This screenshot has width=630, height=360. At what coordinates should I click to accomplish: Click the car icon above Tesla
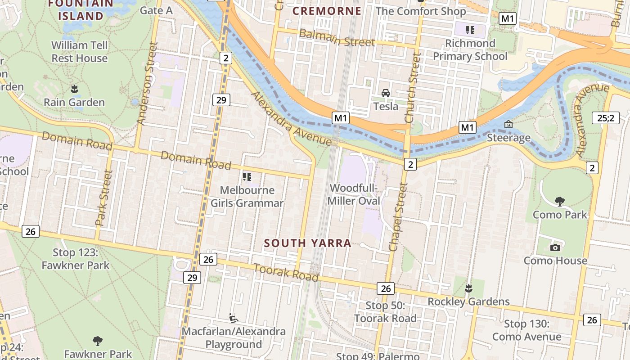pos(386,93)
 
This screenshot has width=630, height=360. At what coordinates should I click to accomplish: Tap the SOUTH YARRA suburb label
pos(307,243)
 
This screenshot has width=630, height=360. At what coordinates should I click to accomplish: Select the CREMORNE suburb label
pos(327,11)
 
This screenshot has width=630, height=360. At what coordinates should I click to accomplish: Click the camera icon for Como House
pos(555,247)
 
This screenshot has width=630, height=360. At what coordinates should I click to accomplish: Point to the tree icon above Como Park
pos(560,201)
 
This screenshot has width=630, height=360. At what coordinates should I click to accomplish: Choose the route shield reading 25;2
pos(605,118)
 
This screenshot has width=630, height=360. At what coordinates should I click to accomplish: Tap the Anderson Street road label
pos(148,83)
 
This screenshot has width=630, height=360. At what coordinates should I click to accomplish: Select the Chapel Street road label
pos(398,216)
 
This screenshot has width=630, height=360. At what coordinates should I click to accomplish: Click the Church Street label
pos(413,88)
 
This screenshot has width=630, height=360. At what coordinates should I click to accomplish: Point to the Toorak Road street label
pos(286,272)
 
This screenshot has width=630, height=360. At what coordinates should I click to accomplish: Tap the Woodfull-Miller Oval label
pos(354,194)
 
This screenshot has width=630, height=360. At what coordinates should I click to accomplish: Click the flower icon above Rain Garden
pos(74,89)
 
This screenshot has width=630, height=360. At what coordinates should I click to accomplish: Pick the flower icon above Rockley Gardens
pos(468,288)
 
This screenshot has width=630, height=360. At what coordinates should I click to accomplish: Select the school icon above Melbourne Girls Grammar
pos(247,177)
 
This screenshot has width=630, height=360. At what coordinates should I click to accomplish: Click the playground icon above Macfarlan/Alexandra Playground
pos(233,318)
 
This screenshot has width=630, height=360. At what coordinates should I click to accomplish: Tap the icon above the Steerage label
pos(508,124)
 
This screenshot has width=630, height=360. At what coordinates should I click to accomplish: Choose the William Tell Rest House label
pos(80,52)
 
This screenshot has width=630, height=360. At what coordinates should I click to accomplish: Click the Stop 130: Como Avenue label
pos(526,330)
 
